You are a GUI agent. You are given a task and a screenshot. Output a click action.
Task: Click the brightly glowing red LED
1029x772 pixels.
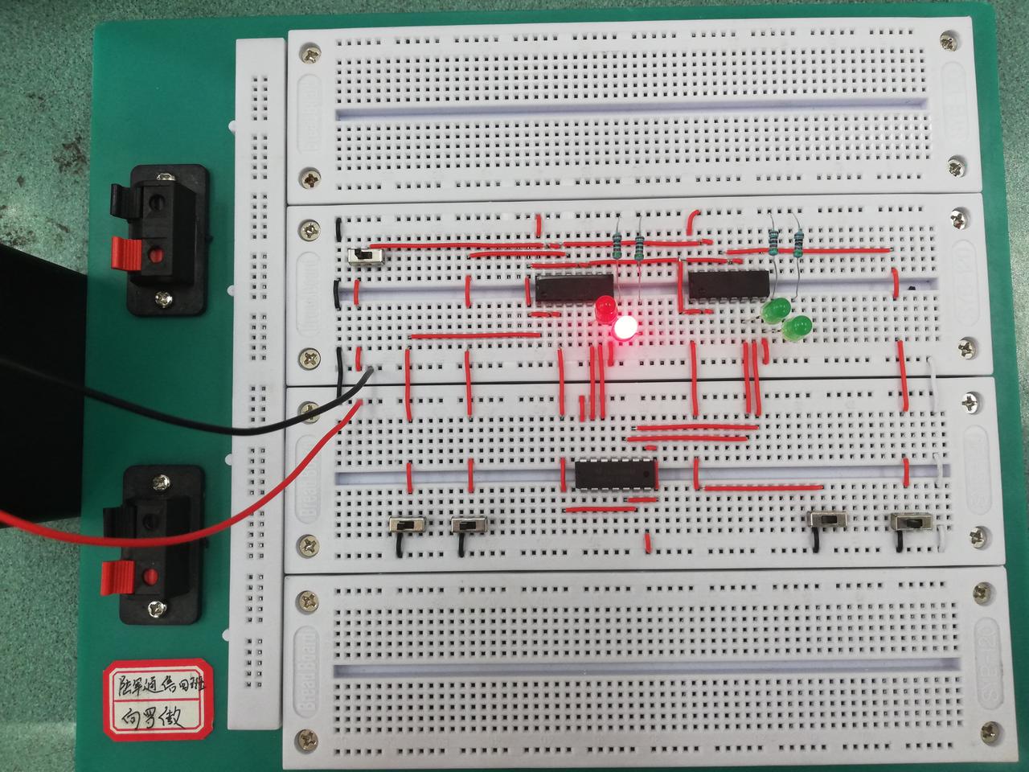625,327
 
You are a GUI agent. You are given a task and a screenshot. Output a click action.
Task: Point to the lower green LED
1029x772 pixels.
797,327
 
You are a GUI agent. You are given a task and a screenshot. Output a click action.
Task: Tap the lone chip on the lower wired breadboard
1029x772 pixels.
616,474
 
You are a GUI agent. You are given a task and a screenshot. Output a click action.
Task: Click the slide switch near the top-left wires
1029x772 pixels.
367,257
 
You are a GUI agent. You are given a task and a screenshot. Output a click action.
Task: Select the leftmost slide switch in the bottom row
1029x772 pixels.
408,525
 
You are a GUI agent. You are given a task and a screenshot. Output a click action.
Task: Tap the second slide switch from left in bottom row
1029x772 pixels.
469,525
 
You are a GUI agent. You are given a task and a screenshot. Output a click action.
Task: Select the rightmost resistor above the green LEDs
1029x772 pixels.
798,241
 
